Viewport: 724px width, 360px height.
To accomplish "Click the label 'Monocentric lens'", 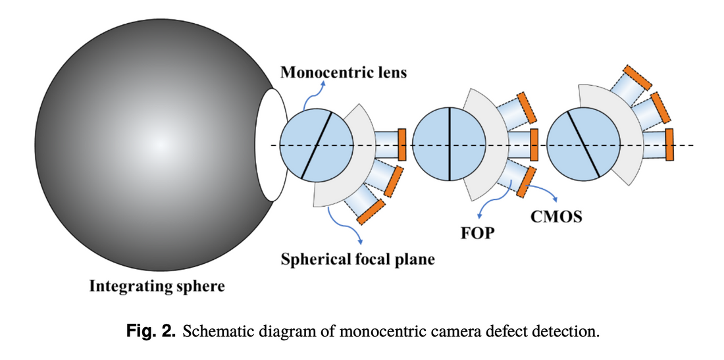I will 344,72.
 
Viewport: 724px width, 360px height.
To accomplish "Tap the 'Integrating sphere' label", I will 157,286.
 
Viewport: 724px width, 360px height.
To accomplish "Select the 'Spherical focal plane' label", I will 357,259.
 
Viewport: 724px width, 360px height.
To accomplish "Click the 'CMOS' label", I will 556,217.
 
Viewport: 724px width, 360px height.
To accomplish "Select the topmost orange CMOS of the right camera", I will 636,76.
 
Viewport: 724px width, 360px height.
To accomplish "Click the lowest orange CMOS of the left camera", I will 371,209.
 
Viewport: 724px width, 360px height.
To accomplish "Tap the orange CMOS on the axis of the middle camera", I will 534,144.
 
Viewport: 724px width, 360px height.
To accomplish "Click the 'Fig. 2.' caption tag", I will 151,330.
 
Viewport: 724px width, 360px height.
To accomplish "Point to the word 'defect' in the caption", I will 505,330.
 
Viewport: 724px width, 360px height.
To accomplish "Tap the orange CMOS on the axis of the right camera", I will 669,144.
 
